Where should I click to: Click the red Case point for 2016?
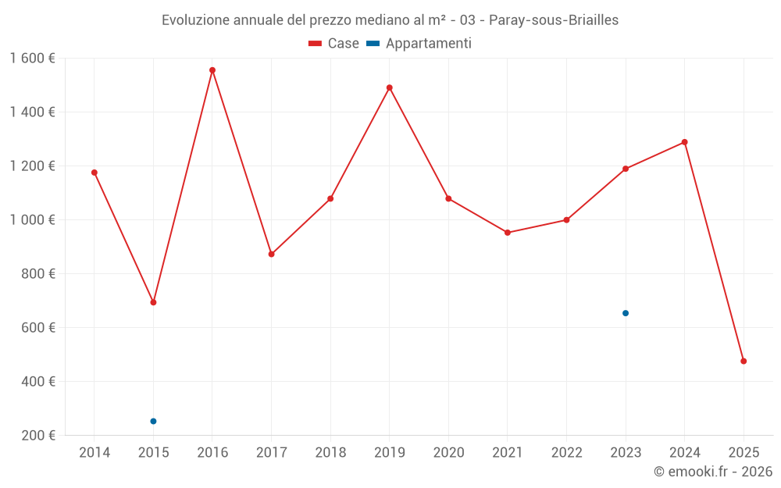coord(212,70)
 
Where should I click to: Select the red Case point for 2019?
coord(390,87)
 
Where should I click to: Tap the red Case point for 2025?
coord(744,362)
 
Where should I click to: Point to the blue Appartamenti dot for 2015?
coord(153,422)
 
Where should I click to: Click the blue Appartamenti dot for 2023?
coord(626,313)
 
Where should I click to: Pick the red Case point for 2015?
coord(153,302)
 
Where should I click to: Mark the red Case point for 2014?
coord(95,173)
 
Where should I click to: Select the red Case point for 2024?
coord(685,142)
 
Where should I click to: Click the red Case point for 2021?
coord(508,233)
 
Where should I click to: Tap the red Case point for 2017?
coord(272,254)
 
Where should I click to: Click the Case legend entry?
coord(334,44)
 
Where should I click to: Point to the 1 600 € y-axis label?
coord(33,59)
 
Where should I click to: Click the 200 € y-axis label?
coord(38,436)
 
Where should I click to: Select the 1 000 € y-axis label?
coord(33,220)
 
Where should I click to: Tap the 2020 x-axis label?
coord(448,453)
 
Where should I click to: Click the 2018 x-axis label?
coord(330,453)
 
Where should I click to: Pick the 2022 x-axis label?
coord(566,453)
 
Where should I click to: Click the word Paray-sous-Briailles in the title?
coord(554,20)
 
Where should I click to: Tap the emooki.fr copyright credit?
coord(713,472)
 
